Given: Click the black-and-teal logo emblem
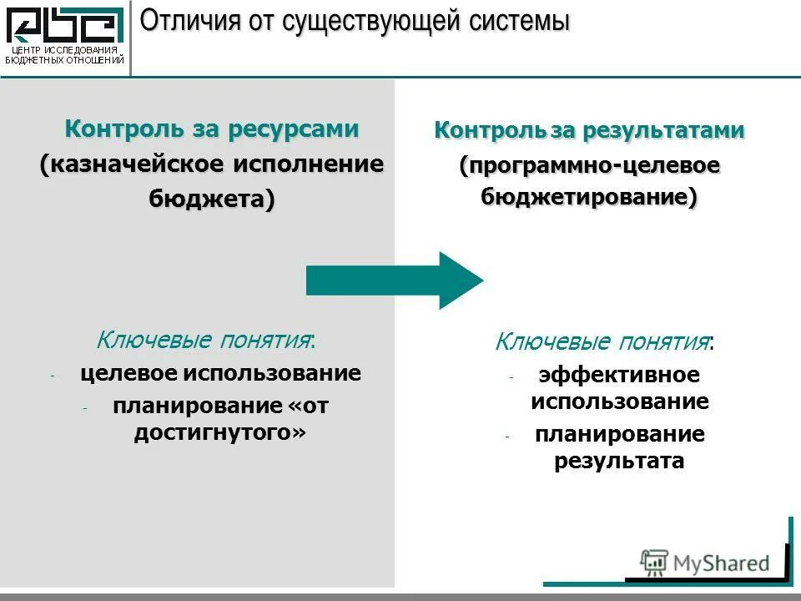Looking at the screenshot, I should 65,25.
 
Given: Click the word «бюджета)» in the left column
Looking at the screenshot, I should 212,199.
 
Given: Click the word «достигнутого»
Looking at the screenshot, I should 219,433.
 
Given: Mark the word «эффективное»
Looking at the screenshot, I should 619,376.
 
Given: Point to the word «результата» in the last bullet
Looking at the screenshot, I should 619,461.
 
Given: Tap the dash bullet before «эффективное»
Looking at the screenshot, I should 511,377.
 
